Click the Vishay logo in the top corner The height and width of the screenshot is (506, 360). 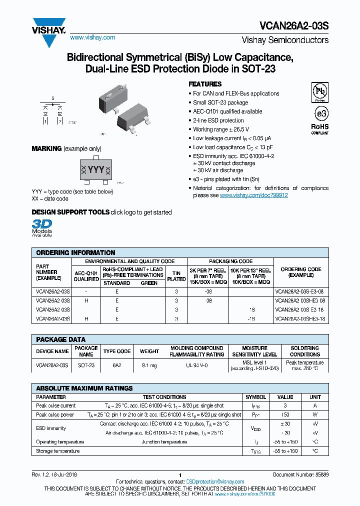pos(48,26)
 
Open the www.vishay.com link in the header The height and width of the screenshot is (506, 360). pos(92,37)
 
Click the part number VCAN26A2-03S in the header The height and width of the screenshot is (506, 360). pos(294,25)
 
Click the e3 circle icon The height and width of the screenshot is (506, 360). pos(319,111)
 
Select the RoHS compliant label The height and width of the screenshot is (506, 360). pos(319,128)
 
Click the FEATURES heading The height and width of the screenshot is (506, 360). pos(205,84)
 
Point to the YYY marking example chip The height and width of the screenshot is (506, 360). pos(96,170)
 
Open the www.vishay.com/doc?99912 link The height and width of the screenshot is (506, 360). pos(253,195)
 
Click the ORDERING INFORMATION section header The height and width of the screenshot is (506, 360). pos(76,252)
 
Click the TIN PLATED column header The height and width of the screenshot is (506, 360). pos(176,276)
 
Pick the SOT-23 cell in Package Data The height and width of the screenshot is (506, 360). pos(86,365)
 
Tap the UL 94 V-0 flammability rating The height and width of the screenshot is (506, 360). pos(196,365)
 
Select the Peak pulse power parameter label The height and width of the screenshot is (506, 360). pos(55,414)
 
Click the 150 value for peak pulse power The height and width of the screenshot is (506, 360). pos(285,414)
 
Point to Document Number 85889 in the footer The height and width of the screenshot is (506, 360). pos(300,474)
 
